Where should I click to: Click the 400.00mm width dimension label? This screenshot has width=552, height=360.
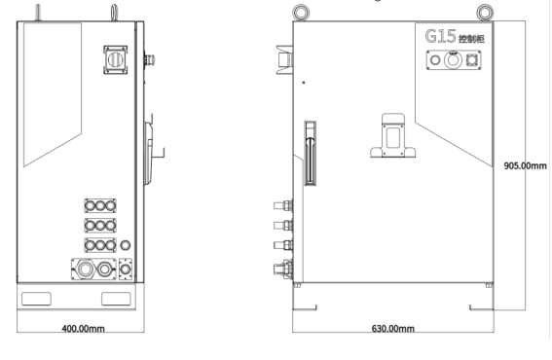pos(83,328)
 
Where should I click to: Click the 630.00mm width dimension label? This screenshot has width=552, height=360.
pos(393,328)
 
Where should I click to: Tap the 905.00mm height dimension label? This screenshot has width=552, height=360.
pos(526,165)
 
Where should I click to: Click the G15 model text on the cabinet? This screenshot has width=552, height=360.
pos(440,36)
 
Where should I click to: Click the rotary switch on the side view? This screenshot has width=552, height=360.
pos(115,59)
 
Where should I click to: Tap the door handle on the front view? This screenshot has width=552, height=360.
pos(310,153)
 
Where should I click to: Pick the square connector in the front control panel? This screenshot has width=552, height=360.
pos(472,60)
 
